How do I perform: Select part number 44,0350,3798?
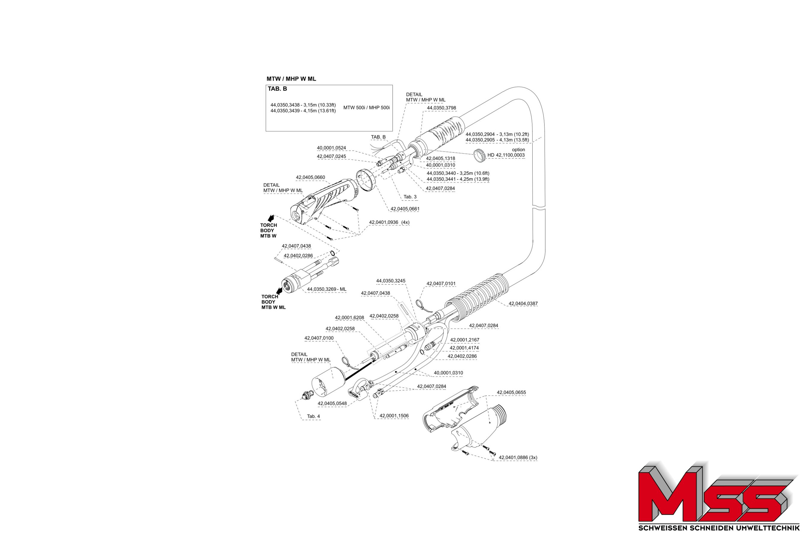click(441, 108)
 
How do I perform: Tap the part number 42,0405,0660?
click(310, 177)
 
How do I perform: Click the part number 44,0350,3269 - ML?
click(326, 290)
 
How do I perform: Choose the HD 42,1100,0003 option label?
click(506, 155)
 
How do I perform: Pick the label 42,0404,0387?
click(523, 304)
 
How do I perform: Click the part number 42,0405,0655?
click(511, 392)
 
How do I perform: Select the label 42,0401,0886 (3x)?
click(518, 458)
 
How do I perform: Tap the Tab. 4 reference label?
click(313, 416)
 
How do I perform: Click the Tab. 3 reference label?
click(410, 197)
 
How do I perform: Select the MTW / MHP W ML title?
click(291, 79)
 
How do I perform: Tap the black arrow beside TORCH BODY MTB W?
click(271, 218)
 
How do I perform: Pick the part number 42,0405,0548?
click(332, 404)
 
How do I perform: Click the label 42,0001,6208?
click(349, 318)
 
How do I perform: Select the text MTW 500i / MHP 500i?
click(367, 108)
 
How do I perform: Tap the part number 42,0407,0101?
click(441, 284)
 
